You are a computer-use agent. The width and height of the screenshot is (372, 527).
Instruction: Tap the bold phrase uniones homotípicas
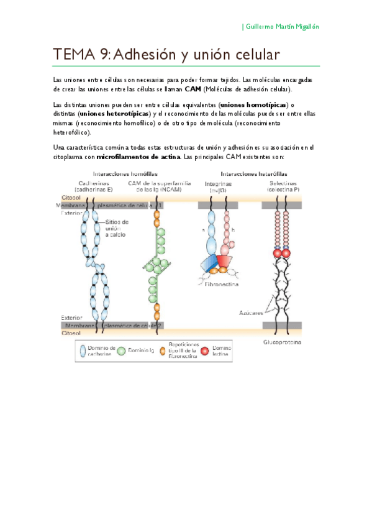pyautogui.click(x=255, y=104)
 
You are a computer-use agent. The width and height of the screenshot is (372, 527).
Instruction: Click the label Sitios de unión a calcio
pyautogui.click(x=117, y=228)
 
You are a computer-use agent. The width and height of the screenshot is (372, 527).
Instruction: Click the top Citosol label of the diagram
pyautogui.click(x=66, y=197)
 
